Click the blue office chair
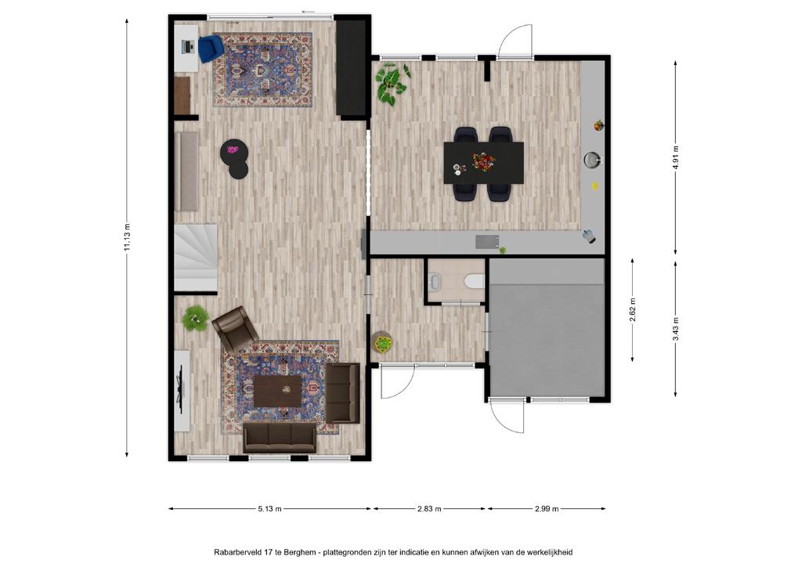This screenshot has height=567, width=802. pyautogui.click(x=210, y=48)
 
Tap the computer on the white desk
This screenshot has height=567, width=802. pyautogui.click(x=188, y=47)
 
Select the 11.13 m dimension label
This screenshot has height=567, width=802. pyautogui.click(x=127, y=238)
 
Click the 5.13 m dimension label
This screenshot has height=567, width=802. pyautogui.click(x=269, y=509)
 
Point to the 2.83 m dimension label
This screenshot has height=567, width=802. pyautogui.click(x=429, y=509)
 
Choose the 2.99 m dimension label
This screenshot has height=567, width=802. pyautogui.click(x=547, y=509)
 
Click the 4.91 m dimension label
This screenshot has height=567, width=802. pyautogui.click(x=676, y=158)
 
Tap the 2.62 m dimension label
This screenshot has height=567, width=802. pyautogui.click(x=633, y=310)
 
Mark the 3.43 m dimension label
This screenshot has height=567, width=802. pyautogui.click(x=676, y=329)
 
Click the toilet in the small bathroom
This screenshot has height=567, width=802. pyautogui.click(x=473, y=280)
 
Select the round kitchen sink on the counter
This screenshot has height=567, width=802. pyautogui.click(x=592, y=160)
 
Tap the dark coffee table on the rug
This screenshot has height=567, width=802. pyautogui.click(x=278, y=391)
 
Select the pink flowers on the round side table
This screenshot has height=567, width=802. pyautogui.click(x=233, y=150)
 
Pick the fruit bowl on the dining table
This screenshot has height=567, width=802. pyautogui.click(x=483, y=161)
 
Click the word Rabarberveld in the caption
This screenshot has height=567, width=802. pyautogui.click(x=238, y=552)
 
